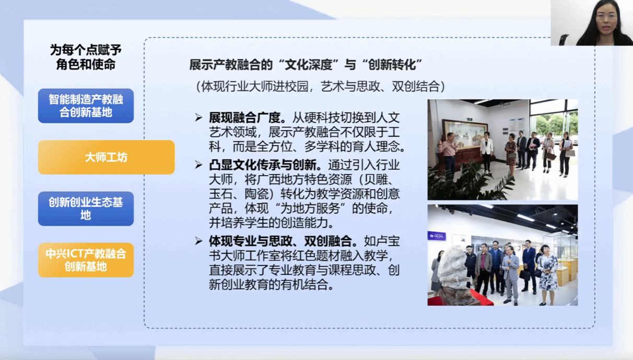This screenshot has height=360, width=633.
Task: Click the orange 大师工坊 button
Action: click(106, 157)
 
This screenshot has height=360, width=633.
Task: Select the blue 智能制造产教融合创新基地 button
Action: click(86, 106)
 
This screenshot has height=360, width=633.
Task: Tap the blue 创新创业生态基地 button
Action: click(86, 208)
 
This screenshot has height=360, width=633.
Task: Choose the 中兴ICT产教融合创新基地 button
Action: click(86, 260)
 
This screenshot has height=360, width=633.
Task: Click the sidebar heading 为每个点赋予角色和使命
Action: click(86, 57)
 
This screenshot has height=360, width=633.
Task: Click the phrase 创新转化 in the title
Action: click(392, 65)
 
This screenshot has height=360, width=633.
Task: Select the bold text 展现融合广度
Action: click(244, 118)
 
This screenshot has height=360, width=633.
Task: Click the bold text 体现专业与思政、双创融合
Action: click(280, 241)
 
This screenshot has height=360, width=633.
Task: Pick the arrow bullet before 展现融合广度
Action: click(198, 118)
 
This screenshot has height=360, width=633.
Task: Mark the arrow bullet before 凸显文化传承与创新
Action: click(198, 165)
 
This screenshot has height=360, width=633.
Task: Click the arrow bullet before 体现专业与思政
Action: click(198, 241)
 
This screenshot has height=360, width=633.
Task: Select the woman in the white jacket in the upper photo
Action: click(487, 152)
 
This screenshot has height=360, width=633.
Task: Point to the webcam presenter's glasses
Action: click(606, 16)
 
